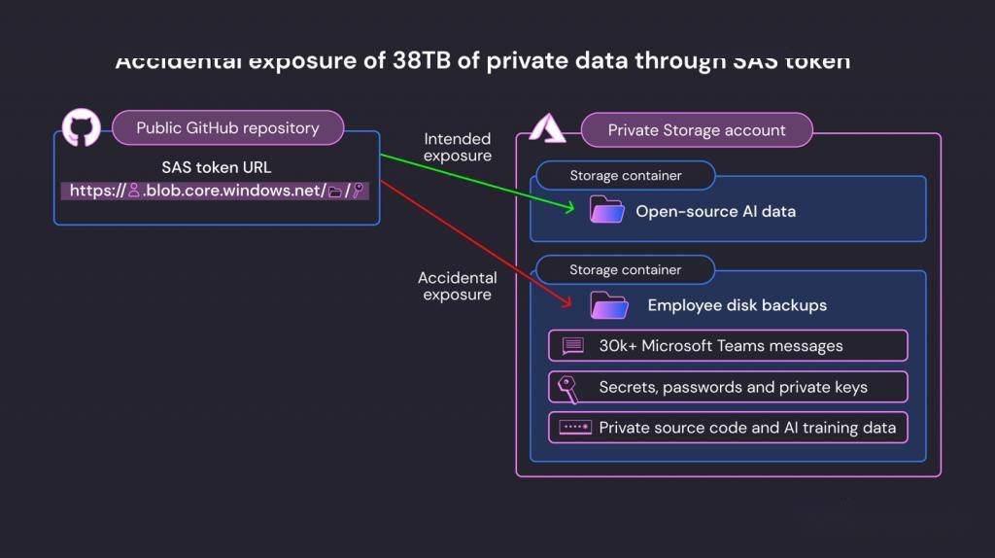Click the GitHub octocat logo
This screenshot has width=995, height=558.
[x=82, y=127]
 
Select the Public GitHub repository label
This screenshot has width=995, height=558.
[x=227, y=127]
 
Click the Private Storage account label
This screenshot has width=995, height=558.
[x=696, y=130]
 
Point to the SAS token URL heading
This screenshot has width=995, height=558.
[x=216, y=167]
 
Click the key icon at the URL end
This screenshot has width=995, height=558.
[x=358, y=191]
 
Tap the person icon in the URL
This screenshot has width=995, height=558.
[x=134, y=191]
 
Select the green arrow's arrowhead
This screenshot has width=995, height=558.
[x=570, y=207]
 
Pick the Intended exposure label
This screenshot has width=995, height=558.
[x=457, y=148]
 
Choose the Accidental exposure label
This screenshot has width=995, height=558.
[x=457, y=286]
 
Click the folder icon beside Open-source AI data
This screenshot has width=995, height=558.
[x=607, y=210]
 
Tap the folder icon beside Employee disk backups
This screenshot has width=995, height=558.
[x=610, y=305]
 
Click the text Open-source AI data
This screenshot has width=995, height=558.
[x=715, y=211]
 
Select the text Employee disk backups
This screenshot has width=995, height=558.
[x=737, y=305]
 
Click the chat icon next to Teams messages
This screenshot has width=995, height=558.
[x=572, y=346]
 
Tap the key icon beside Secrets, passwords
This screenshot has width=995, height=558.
[x=567, y=387]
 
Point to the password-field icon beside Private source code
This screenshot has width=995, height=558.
[x=574, y=427]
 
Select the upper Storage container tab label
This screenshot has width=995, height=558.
[x=625, y=176]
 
